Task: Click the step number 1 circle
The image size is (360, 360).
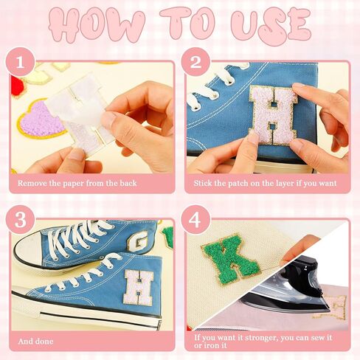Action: click(20, 62)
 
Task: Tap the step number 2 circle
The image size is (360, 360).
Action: click(195, 62)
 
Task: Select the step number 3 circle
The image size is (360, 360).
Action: click(20, 220)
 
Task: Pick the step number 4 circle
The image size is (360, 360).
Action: click(195, 220)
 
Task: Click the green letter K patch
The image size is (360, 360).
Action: click(230, 260)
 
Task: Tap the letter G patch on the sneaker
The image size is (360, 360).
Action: click(136, 243)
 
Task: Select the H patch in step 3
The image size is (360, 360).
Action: click(138, 286)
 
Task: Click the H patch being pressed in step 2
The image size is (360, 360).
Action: click(274, 114)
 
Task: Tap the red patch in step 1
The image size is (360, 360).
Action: click(17, 86)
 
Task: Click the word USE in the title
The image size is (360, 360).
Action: click(271, 25)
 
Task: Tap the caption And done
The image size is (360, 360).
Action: click(35, 342)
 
